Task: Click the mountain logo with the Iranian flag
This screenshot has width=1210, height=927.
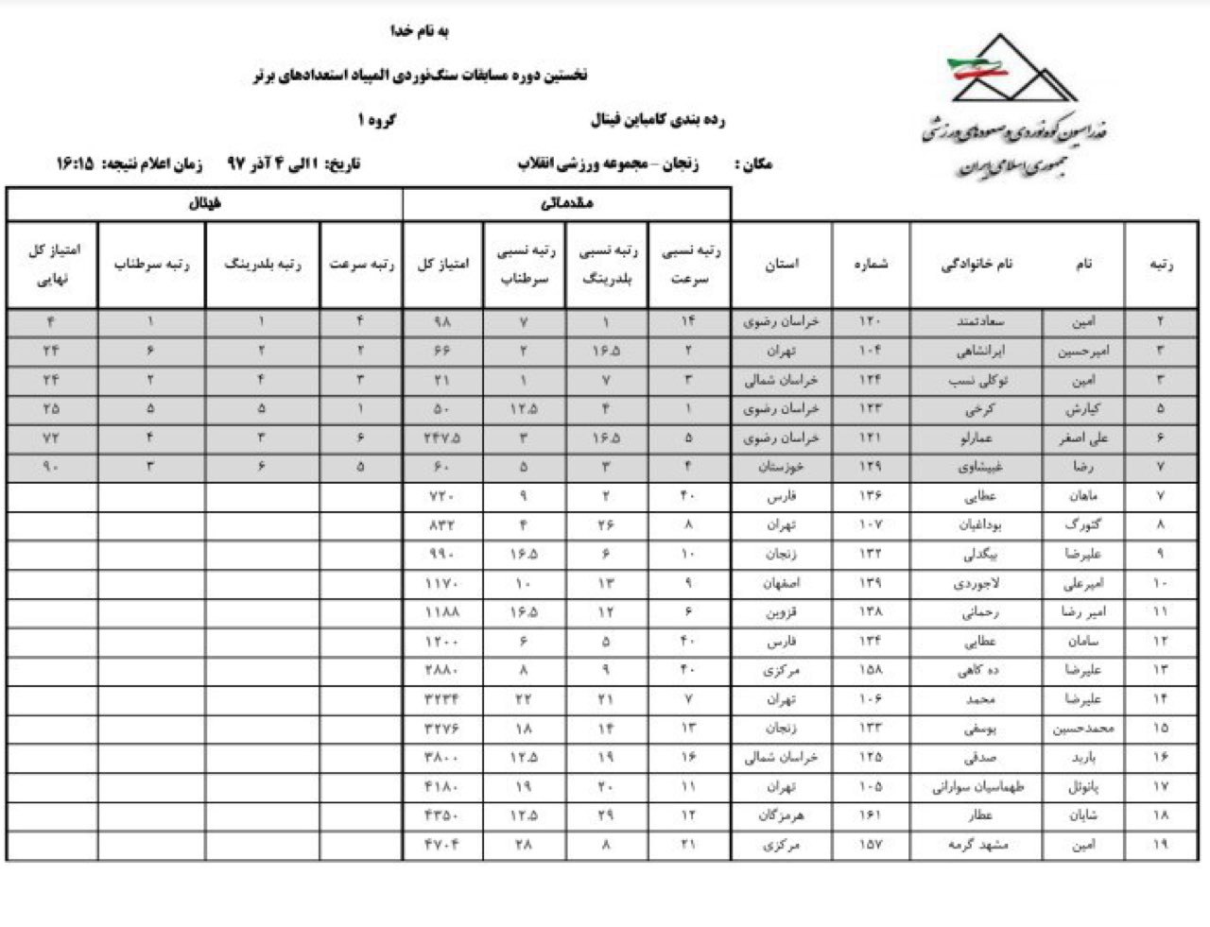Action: tap(1011, 70)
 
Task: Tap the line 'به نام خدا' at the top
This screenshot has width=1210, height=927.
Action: tap(421, 31)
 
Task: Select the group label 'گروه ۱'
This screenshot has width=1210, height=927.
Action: tap(376, 120)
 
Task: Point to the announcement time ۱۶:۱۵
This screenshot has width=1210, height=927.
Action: tap(75, 163)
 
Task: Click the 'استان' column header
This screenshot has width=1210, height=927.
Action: tap(782, 265)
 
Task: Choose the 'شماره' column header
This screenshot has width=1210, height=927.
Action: tap(871, 265)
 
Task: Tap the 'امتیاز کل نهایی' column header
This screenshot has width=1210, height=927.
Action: tap(52, 265)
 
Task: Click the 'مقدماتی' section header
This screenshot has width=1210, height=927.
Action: tap(565, 203)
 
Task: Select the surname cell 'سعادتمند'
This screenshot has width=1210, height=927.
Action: tap(976, 321)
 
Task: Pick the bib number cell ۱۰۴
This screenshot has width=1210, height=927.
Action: tap(871, 351)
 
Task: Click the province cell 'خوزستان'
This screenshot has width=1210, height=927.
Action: tap(782, 467)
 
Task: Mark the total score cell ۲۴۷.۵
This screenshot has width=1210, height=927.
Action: tap(442, 438)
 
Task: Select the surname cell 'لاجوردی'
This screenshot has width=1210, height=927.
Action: tap(976, 583)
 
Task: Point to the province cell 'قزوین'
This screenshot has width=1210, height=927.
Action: tap(782, 612)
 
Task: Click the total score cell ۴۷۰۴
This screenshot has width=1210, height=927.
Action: tap(442, 846)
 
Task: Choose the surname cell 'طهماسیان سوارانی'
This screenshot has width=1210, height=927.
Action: tap(976, 787)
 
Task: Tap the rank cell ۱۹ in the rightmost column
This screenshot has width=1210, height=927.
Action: tap(1160, 846)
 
